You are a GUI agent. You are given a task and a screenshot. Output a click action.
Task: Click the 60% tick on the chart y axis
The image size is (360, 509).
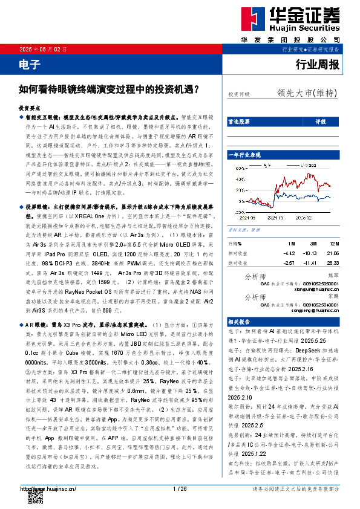coord(233,163)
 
